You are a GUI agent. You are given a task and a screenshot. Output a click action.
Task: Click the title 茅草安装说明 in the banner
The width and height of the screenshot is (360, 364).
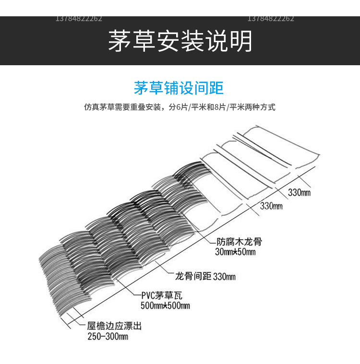click(x=180, y=41)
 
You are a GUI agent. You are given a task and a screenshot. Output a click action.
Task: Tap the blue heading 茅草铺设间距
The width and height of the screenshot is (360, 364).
click(x=179, y=89)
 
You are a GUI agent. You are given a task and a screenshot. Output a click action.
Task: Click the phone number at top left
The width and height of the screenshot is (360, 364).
click(x=79, y=19)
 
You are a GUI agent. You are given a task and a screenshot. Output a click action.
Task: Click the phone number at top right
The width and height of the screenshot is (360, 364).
click(x=271, y=19)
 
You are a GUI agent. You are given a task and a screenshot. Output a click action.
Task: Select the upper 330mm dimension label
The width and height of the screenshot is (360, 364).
click(x=300, y=193)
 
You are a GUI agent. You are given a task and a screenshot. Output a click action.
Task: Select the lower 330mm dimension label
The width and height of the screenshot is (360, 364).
click(x=271, y=206)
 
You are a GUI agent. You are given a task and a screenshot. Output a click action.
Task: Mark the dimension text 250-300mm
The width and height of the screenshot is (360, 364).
click(x=108, y=336)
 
